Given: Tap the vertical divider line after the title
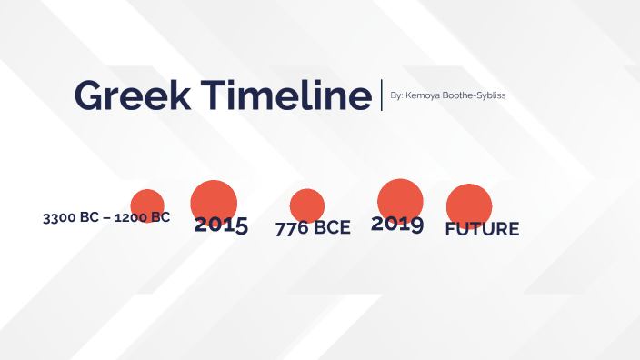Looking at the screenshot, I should tap(382, 95).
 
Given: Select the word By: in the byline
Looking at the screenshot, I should tap(395, 95).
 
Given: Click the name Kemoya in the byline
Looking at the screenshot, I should tap(422, 95).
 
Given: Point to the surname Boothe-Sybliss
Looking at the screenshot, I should tap(474, 95).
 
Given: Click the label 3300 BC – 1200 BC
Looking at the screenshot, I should tap(106, 218).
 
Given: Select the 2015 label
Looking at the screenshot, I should tap(221, 225).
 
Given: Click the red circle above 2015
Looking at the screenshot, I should tap(214, 199).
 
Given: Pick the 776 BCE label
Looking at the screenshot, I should tap(313, 228).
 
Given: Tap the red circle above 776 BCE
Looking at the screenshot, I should tap(307, 204).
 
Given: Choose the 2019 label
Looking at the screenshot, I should tap(397, 224).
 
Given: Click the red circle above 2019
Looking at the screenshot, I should tap(400, 197).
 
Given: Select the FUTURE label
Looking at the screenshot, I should tap(482, 229).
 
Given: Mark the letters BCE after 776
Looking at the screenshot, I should tap(331, 228).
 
